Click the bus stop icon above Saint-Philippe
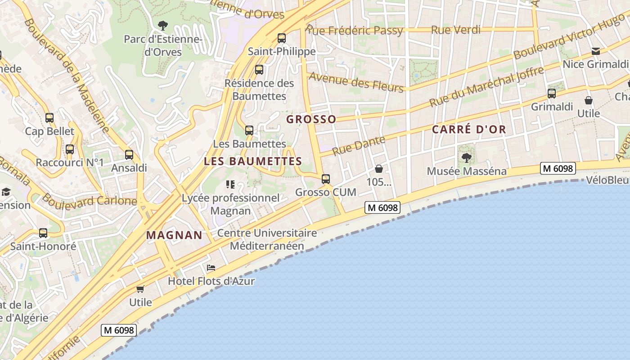pos(282,38)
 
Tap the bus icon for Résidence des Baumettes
pos(259,70)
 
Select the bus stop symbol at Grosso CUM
pos(326,179)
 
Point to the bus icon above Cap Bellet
pos(49,118)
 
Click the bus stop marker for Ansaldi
pos(129,155)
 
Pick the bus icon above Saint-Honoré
pos(43,233)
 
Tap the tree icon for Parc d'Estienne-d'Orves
pos(163,26)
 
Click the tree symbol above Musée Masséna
pos(467,157)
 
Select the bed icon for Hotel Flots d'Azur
pos(211,268)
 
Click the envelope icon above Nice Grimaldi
pos(596,51)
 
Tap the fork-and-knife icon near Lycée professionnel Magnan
pos(230,184)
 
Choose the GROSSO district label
pos(311,119)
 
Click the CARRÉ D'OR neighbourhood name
pos(469,130)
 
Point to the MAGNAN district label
pos(174,235)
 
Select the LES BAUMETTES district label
pos(253,161)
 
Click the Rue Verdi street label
pos(455,30)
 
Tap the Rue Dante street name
pos(359,144)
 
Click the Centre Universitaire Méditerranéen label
pos(267,239)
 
